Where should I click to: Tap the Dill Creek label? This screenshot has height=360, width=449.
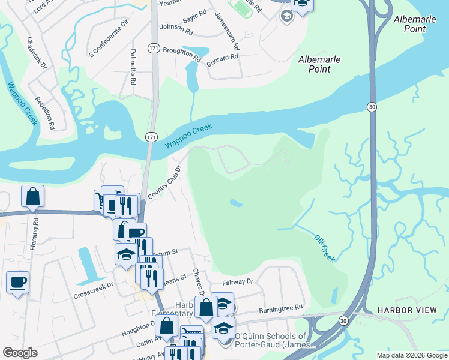(x=325, y=247)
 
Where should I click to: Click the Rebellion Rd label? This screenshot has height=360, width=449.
(x=45, y=113)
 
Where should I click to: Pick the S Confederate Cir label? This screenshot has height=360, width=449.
(x=109, y=38)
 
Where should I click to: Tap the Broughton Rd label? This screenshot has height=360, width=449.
(x=181, y=53)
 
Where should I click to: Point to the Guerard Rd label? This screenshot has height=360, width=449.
(x=222, y=58)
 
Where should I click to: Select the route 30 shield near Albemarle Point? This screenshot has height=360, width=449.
(x=372, y=106)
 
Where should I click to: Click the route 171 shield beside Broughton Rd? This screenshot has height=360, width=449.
(x=154, y=48)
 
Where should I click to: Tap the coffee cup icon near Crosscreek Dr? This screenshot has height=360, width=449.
(x=17, y=281)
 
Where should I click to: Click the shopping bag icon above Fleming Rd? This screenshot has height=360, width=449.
(x=32, y=196)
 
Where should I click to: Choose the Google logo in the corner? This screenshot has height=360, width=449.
(x=20, y=353)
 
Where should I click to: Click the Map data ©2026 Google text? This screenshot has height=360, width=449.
(x=411, y=355)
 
